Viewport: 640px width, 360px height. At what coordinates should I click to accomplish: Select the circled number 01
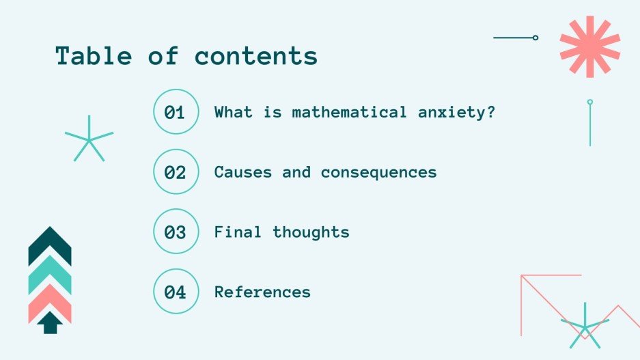176,112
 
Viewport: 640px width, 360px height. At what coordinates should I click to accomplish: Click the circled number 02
176,172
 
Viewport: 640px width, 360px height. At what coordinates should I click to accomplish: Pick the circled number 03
176,232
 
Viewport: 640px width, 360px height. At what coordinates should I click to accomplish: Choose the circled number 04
176,292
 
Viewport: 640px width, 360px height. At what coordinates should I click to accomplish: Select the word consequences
378,172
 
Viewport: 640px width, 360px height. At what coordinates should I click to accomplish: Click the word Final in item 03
238,232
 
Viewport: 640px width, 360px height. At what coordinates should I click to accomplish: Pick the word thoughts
311,232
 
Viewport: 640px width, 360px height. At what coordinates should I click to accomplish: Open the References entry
262,292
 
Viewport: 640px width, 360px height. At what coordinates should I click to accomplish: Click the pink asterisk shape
589,46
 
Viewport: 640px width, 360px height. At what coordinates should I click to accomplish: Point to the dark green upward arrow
49,322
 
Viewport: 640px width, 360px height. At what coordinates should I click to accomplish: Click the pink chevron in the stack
50,299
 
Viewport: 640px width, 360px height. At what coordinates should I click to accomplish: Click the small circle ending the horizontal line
535,38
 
